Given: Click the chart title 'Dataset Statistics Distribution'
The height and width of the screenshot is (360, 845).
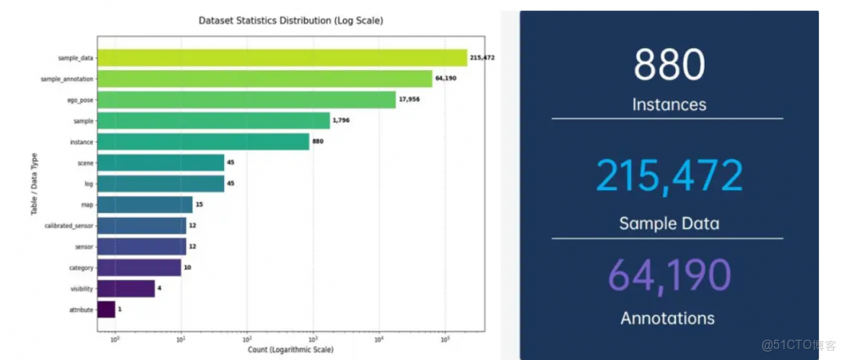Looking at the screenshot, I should tap(291, 19).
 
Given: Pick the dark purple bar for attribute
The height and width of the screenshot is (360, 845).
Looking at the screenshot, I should tap(106, 310).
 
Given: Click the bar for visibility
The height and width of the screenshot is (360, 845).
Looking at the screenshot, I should tap(126, 289).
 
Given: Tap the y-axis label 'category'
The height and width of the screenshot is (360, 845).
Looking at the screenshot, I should tap(81, 268).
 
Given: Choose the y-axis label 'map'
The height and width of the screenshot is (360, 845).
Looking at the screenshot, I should tap(88, 205).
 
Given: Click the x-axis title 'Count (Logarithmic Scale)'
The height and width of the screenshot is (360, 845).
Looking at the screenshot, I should tap(291, 349).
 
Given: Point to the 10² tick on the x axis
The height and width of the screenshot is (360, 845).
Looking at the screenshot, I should tap(247, 339).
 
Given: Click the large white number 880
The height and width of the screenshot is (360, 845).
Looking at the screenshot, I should tap(668, 65).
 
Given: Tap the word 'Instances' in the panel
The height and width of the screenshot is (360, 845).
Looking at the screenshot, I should tap(668, 106).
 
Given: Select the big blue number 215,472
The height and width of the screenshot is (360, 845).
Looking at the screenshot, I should tap(668, 176).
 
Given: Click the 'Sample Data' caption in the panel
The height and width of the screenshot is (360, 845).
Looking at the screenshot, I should tap(668, 224).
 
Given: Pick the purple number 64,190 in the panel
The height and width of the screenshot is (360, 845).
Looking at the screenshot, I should tap(668, 275).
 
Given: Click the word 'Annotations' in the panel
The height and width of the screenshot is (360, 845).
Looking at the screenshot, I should tap(668, 319).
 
